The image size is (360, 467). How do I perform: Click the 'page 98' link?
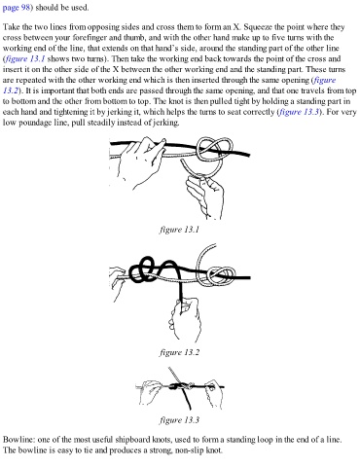click(17, 7)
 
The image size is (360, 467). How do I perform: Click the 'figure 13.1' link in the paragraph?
click(24, 59)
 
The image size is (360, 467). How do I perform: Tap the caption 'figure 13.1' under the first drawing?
click(179, 230)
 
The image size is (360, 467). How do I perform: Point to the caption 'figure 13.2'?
click(179, 352)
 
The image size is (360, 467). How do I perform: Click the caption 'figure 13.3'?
click(179, 420)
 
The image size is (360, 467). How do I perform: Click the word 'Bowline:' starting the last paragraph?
click(18, 440)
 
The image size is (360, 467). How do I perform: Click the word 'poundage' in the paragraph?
click(37, 123)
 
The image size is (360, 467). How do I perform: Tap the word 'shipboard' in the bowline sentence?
click(132, 440)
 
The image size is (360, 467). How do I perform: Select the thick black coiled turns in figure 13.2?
click(152, 269)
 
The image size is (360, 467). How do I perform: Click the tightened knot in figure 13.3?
click(178, 386)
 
